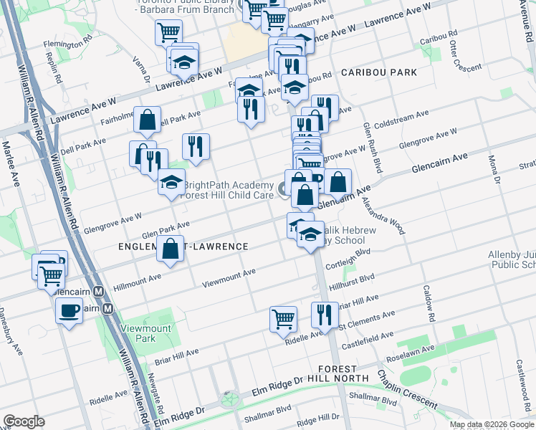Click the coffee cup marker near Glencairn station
(69, 310)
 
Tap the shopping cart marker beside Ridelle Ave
(284, 318)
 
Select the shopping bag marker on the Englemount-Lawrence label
(171, 249)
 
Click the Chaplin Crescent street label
(407, 391)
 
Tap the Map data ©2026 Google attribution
(491, 424)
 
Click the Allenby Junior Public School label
(512, 259)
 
